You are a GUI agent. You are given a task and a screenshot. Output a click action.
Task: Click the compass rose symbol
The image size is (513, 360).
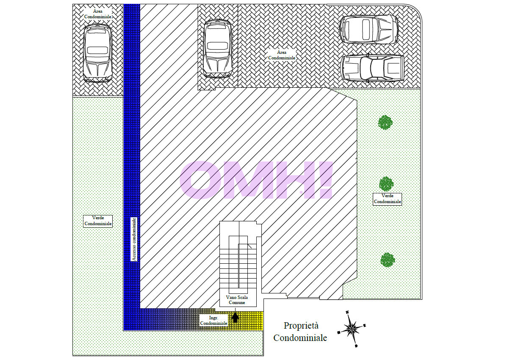click(351, 329)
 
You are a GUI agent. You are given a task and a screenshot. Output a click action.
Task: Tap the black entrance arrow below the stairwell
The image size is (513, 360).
click(235, 318)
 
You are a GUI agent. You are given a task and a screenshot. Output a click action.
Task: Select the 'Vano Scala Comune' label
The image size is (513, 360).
click(237, 300)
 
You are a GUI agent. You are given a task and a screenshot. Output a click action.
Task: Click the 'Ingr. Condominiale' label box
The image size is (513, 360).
click(214, 320)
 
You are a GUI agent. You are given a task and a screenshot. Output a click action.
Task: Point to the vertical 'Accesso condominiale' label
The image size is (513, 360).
click(134, 239)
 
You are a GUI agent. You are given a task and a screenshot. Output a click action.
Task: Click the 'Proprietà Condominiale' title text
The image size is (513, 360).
click(300, 332)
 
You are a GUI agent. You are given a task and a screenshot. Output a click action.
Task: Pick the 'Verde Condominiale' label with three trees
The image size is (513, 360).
click(387, 199)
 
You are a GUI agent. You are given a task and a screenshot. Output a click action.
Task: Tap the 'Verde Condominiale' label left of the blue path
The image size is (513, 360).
click(98, 221)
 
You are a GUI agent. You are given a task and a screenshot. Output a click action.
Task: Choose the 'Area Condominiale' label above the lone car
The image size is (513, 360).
click(98, 14)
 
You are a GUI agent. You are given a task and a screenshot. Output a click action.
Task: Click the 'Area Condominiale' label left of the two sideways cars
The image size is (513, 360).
click(282, 55)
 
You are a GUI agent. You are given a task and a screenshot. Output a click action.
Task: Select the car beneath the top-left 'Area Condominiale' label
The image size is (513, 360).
click(98, 53)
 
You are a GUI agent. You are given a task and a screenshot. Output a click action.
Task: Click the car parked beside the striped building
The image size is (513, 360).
click(218, 48)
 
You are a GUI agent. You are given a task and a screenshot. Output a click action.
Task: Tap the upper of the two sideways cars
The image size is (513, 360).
click(369, 29)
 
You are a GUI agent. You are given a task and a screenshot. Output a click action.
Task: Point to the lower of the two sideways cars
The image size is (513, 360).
click(372, 68)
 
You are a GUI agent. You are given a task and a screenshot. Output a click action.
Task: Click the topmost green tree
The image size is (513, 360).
click(385, 123)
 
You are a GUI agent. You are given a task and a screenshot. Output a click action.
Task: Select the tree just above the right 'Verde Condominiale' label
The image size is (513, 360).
click(386, 184)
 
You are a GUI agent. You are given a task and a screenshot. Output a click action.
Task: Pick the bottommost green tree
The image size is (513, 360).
click(388, 260)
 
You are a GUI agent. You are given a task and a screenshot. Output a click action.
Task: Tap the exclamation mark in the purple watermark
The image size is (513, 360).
click(326, 180)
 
